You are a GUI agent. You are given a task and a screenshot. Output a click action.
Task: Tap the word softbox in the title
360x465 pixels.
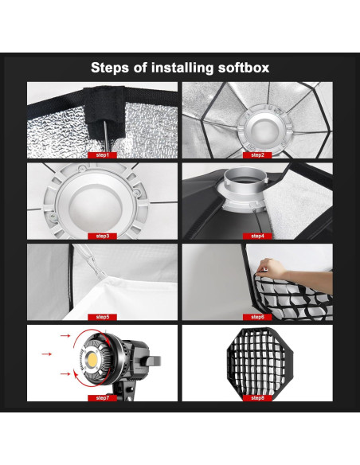244,68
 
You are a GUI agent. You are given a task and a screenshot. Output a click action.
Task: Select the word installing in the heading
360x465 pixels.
182,68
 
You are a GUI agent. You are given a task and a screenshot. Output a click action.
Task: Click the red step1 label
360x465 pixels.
102,155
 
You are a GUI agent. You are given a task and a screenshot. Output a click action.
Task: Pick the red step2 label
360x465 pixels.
257,155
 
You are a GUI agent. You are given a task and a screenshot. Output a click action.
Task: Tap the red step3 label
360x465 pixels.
102,236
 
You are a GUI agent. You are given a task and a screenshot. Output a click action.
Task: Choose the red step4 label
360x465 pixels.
257,236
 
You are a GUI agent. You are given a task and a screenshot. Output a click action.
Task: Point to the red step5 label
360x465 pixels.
102,317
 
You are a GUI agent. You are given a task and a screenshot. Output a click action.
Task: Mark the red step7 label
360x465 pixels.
102,398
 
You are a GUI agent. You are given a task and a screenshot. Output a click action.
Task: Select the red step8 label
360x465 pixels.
257,398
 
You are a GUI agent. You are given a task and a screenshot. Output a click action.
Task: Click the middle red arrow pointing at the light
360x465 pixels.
46,354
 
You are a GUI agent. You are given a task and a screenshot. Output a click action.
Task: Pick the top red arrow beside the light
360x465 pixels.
65,335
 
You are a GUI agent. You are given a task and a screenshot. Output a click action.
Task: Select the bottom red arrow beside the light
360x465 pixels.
65,374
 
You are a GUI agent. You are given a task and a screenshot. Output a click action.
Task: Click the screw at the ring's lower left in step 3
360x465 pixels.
53,217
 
